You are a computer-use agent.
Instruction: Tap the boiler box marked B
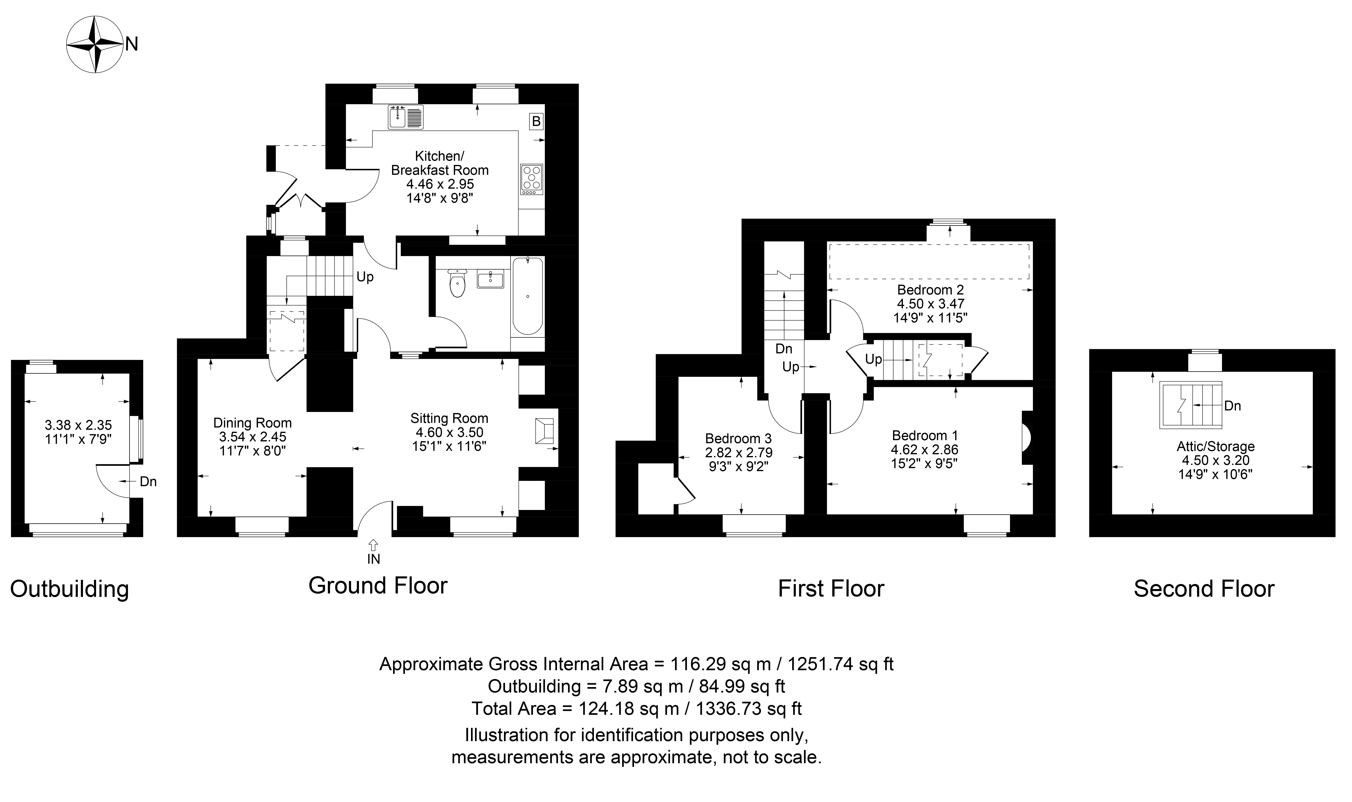tap(536, 122)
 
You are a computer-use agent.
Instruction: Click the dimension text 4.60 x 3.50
tap(449, 432)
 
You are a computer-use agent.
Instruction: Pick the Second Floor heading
tap(1204, 588)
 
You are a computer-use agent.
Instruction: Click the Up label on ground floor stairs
tap(365, 277)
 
